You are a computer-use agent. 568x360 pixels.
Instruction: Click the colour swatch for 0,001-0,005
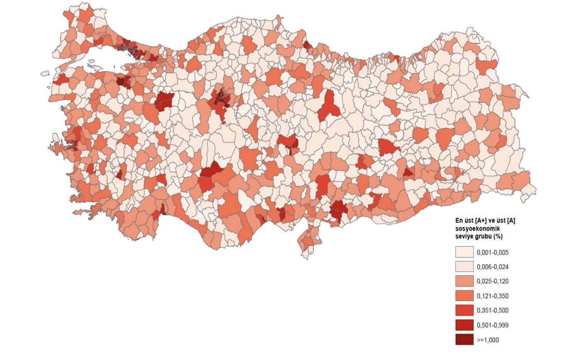point(464,252)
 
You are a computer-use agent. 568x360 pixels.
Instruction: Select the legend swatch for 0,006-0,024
point(464,267)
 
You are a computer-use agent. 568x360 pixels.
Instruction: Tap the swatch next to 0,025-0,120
point(464,281)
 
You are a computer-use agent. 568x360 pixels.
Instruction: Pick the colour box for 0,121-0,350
point(464,296)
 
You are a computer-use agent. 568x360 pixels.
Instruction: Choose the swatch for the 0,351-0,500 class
point(464,310)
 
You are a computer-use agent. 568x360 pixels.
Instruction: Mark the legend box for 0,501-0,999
point(464,325)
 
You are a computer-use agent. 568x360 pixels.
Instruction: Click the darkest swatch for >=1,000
point(464,340)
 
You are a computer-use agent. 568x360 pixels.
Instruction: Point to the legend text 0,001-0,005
point(493,252)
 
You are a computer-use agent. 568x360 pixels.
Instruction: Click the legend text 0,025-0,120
point(493,281)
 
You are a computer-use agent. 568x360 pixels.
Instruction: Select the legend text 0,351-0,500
point(493,310)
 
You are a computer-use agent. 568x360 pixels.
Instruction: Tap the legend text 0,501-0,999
point(493,325)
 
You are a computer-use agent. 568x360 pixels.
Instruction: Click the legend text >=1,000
point(488,340)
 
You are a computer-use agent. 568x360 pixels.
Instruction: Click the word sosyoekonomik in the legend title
point(477,229)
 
